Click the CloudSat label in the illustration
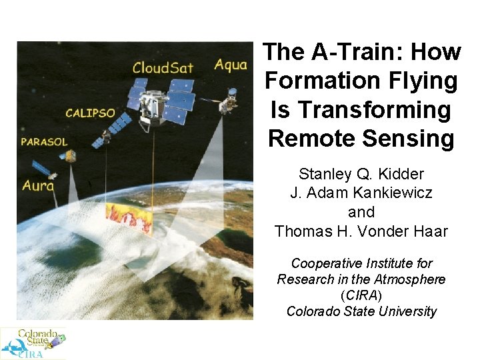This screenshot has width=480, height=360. click(x=164, y=67)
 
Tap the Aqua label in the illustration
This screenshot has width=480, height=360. click(x=230, y=65)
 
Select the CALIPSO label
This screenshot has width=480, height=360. click(x=91, y=113)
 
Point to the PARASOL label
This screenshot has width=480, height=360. click(x=45, y=142)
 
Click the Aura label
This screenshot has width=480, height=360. click(x=38, y=185)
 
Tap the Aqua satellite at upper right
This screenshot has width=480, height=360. click(x=229, y=100)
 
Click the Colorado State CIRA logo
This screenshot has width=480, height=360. click(x=33, y=343)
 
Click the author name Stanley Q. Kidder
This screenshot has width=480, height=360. click(x=361, y=175)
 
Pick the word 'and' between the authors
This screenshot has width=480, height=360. click(x=361, y=212)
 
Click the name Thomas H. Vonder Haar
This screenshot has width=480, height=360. click(x=361, y=231)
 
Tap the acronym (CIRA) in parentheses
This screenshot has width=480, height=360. click(x=361, y=295)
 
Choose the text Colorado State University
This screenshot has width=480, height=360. click(x=361, y=311)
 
